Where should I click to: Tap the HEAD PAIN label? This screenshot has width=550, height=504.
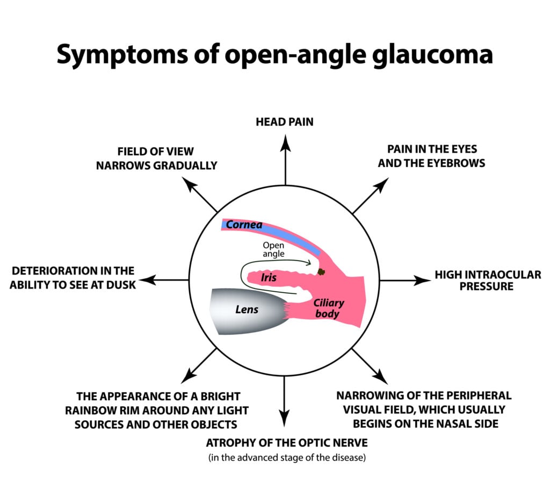[285, 122]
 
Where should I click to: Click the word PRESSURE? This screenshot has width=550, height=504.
[488, 286]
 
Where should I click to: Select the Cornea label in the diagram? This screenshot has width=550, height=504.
[244, 225]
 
